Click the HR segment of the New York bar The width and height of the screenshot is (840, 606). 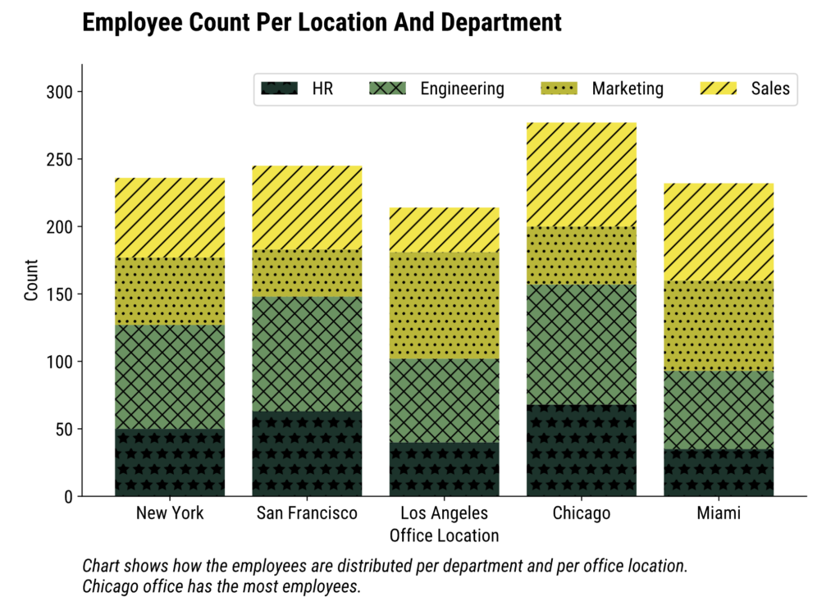(x=170, y=462)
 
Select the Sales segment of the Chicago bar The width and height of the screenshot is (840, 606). (x=582, y=175)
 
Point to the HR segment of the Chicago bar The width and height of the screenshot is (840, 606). (x=582, y=450)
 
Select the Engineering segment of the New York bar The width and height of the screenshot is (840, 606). (x=170, y=377)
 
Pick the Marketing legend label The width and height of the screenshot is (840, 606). (x=628, y=89)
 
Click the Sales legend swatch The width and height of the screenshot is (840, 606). (x=719, y=89)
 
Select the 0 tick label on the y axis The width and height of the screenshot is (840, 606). (x=69, y=497)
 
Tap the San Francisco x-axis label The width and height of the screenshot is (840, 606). (x=307, y=514)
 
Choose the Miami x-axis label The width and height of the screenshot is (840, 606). (x=719, y=514)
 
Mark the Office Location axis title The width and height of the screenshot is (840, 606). (x=444, y=536)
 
